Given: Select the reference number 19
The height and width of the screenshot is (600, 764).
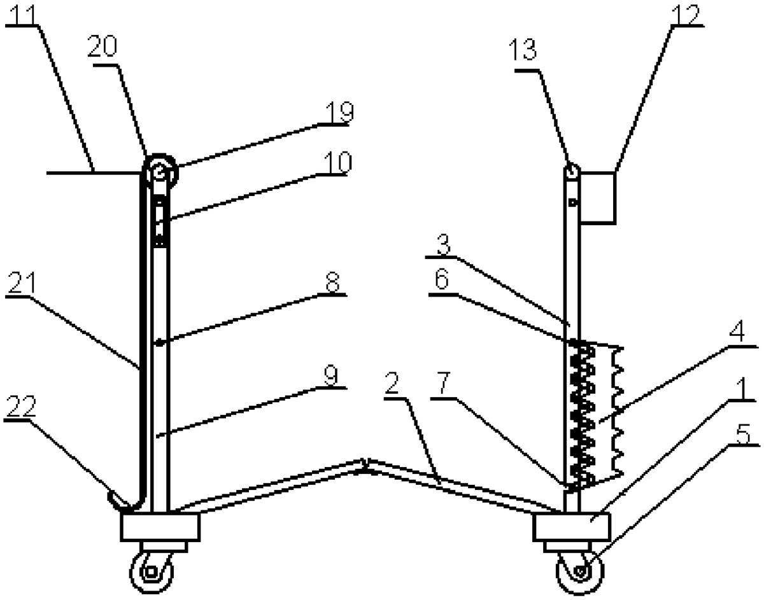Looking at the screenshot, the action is click(x=339, y=112).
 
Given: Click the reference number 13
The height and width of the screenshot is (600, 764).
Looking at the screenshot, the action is click(x=523, y=50).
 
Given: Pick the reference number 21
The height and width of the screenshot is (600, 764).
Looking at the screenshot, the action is click(x=22, y=283).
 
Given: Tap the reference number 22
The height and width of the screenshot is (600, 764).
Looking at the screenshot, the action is click(x=21, y=407).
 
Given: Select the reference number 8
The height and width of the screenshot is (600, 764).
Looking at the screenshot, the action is click(x=332, y=282).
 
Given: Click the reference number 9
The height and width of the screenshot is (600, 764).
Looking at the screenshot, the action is click(x=331, y=375).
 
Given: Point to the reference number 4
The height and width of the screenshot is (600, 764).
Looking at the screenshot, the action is click(x=737, y=331).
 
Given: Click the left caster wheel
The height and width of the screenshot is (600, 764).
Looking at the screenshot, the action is click(x=152, y=572).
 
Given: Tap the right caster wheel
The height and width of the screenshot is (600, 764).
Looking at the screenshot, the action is click(x=580, y=571).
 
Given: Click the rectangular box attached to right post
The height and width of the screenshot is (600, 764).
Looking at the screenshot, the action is click(x=598, y=198).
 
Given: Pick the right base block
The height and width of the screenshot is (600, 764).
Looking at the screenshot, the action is click(x=572, y=527).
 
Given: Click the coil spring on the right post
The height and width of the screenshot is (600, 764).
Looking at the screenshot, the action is click(x=582, y=414).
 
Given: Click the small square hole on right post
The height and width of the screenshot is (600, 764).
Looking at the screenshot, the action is click(x=574, y=203).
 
